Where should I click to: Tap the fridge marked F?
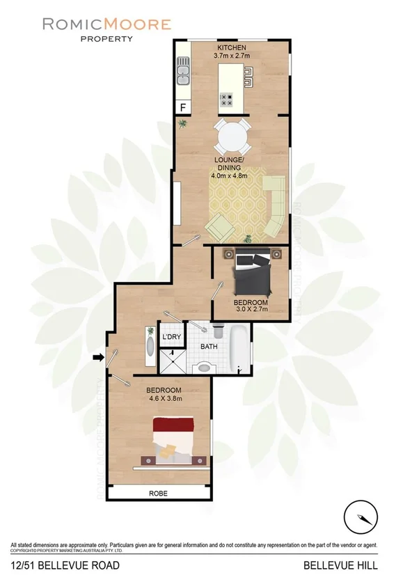pyautogui.click(x=183, y=107)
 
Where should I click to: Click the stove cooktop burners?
pyautogui.click(x=227, y=100)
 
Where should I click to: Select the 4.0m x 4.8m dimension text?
pyautogui.click(x=229, y=176)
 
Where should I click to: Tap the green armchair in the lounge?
pyautogui.click(x=221, y=226)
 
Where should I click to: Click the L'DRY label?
pyautogui.click(x=171, y=338)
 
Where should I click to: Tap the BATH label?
pyautogui.click(x=209, y=346)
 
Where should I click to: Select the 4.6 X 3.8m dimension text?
pyautogui.click(x=165, y=399)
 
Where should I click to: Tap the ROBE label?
pyautogui.click(x=158, y=494)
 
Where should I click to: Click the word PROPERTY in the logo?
pyautogui.click(x=106, y=38)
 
